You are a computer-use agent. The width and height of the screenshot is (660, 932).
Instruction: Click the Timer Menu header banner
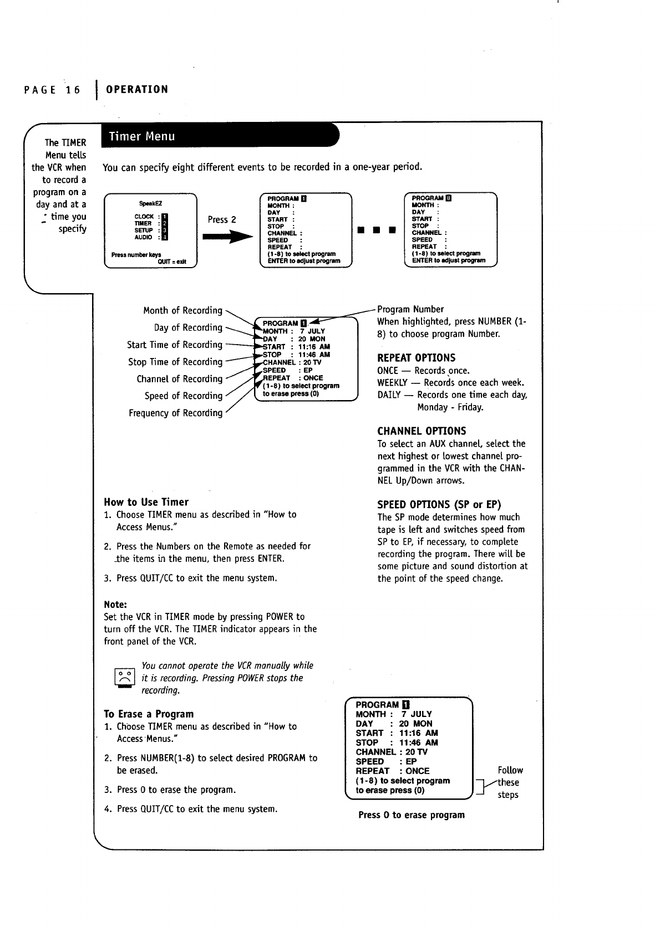[x=219, y=136]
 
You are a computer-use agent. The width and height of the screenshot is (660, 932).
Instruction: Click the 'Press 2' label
[x=222, y=219]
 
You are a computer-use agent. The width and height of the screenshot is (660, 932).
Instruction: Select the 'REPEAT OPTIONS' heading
[x=416, y=358]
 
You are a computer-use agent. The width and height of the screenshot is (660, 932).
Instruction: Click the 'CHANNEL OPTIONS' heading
[x=422, y=431]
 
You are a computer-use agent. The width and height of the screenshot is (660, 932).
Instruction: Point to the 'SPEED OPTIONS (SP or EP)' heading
[x=439, y=504]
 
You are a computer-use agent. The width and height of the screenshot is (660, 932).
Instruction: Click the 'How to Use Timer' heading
[x=146, y=502]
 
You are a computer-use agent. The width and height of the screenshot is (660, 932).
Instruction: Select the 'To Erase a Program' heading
[x=149, y=714]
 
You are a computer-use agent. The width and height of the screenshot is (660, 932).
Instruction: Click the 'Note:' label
[x=115, y=604]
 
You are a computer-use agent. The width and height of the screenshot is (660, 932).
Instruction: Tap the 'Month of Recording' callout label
[x=182, y=310]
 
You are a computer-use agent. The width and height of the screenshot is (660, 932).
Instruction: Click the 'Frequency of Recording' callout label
[x=175, y=413]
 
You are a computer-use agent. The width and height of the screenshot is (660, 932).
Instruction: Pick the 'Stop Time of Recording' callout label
[x=175, y=362]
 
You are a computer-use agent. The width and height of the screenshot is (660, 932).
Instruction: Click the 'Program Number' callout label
[x=410, y=309]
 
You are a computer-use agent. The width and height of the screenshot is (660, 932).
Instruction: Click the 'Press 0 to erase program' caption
[x=412, y=815]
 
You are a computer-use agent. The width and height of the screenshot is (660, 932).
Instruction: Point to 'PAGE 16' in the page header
[x=53, y=90]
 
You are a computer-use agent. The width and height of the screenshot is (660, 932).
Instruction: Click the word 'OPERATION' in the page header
[x=137, y=90]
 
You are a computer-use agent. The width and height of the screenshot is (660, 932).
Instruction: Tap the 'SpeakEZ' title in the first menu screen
[x=151, y=203]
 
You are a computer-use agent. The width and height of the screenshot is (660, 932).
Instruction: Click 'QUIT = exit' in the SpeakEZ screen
[x=172, y=262]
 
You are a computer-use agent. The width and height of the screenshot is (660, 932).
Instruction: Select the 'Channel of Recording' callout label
[x=179, y=379]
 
